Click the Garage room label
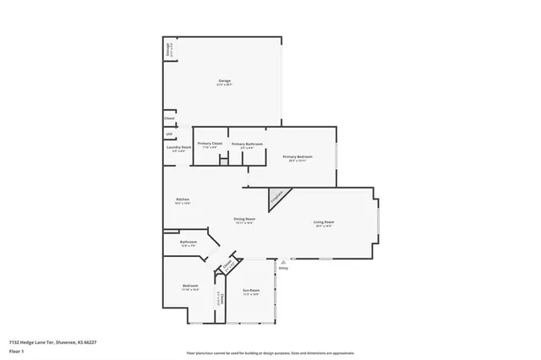point(223,82)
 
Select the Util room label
point(169,134)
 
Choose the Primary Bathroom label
point(247,145)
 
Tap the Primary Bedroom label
point(298,158)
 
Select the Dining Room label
point(244,221)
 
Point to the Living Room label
point(324,224)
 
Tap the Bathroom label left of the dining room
point(189,243)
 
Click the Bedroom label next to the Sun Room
point(189,287)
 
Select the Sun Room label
point(251,292)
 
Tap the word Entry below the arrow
point(283,268)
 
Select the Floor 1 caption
point(15,350)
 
